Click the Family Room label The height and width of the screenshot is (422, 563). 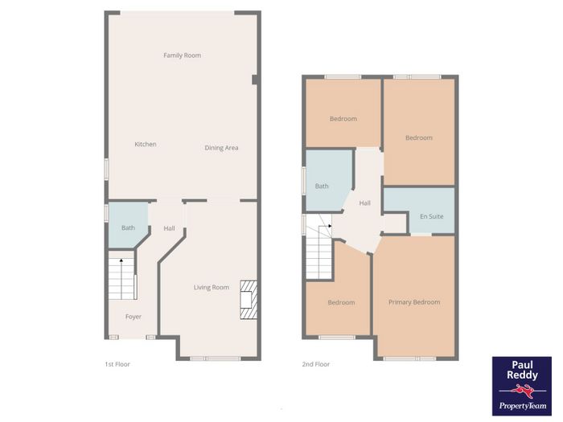point(182,55)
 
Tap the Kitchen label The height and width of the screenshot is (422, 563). point(146,144)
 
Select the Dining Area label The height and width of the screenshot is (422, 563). point(221,148)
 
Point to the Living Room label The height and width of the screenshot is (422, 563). point(211,288)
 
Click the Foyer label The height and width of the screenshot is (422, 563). point(134,317)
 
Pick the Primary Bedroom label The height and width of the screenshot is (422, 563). point(414,302)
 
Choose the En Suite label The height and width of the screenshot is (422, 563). point(432,216)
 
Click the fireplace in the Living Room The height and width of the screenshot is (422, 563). point(249,300)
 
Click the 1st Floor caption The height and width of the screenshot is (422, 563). point(117,364)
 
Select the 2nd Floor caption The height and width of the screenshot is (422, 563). point(315,364)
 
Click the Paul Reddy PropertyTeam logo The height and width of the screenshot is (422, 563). point(522,386)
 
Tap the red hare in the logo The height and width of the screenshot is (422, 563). point(522,390)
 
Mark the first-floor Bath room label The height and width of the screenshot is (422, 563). point(128,227)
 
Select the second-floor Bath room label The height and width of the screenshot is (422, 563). point(322,186)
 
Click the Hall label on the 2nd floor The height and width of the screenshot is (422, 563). point(365,203)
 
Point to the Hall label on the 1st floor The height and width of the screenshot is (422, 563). point(169,228)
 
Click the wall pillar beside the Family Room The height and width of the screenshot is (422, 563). point(255,80)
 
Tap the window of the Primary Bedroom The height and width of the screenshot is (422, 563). point(409,358)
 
